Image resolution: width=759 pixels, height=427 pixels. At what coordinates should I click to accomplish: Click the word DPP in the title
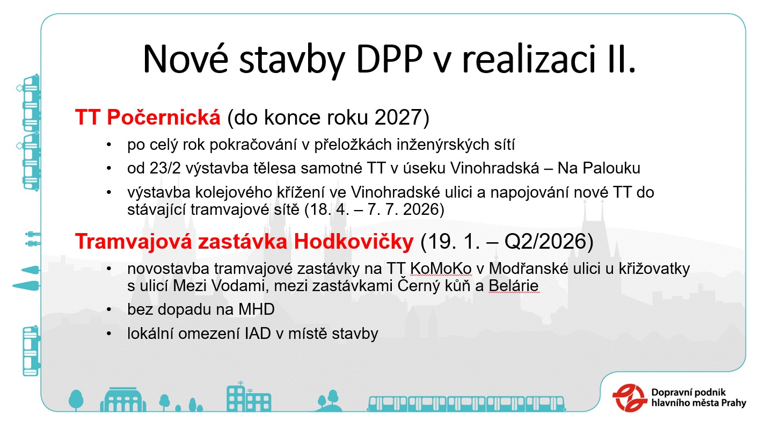[389, 59]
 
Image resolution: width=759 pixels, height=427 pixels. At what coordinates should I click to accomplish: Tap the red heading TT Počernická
[148, 117]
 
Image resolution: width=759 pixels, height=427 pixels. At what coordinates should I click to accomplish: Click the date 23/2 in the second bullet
[165, 168]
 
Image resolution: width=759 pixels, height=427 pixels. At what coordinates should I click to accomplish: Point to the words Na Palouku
[599, 168]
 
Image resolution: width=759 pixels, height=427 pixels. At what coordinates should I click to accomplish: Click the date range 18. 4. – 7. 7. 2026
[374, 209]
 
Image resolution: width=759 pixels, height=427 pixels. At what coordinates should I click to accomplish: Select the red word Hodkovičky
[354, 242]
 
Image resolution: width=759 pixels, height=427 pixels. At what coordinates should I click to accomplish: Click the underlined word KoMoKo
[441, 269]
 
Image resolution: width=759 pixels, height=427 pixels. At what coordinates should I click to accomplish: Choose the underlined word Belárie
[514, 286]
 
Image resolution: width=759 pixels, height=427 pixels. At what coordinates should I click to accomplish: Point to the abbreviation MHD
[257, 309]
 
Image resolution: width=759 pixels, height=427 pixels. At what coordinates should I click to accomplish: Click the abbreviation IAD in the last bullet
[258, 334]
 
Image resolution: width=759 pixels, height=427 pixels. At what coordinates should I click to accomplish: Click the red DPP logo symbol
[630, 398]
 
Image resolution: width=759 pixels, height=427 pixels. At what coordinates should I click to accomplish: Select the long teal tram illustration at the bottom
[466, 403]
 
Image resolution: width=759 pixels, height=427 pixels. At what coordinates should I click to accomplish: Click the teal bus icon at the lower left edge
[31, 351]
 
